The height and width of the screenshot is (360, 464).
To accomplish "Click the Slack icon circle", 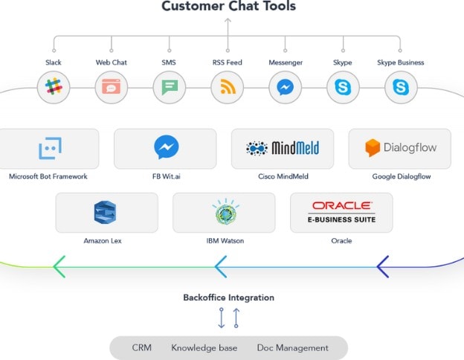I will point(54,88).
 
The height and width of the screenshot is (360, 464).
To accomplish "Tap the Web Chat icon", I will point(112,88).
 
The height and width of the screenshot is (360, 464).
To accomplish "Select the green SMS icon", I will point(170,88).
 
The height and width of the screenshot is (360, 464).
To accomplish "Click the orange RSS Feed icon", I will point(228,88).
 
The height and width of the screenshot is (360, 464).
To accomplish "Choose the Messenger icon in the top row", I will point(285,88).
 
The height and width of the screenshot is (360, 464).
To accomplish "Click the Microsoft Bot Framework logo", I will point(48,149).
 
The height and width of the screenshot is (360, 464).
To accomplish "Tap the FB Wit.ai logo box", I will point(166,148).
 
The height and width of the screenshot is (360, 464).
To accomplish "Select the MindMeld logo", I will point(283,148).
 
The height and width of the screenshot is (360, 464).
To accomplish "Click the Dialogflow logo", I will point(401,148).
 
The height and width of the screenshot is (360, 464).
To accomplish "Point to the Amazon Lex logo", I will point(106,213).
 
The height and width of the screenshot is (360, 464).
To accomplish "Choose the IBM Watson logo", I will point(224,213).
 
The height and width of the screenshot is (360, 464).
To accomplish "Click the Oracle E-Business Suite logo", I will point(342,212).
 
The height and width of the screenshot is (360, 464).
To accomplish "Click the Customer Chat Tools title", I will point(228,7).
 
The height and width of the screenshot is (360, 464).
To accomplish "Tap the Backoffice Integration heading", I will point(228,298).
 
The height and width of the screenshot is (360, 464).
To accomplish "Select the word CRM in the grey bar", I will point(142,347).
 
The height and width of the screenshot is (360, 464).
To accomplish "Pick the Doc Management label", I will point(292,347).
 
